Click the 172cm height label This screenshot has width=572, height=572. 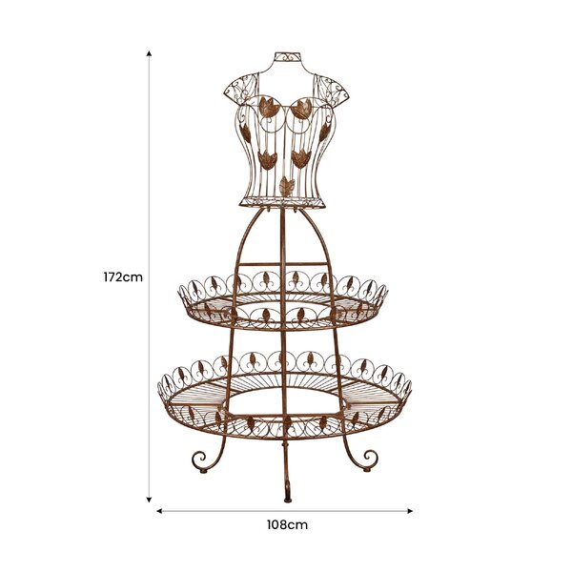coord(123,277)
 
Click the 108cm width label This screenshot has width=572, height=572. coord(287,525)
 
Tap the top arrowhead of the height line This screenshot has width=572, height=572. coord(149,53)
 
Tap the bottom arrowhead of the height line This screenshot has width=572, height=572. coord(149,500)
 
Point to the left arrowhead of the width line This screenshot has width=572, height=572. coord(159,511)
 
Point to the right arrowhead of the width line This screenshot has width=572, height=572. coord(410,511)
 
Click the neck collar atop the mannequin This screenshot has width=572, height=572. coord(287,57)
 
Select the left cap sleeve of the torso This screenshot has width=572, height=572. coord(241,90)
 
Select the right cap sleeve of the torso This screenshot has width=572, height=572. coord(331,89)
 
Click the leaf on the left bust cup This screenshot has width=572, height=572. coord(270,107)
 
